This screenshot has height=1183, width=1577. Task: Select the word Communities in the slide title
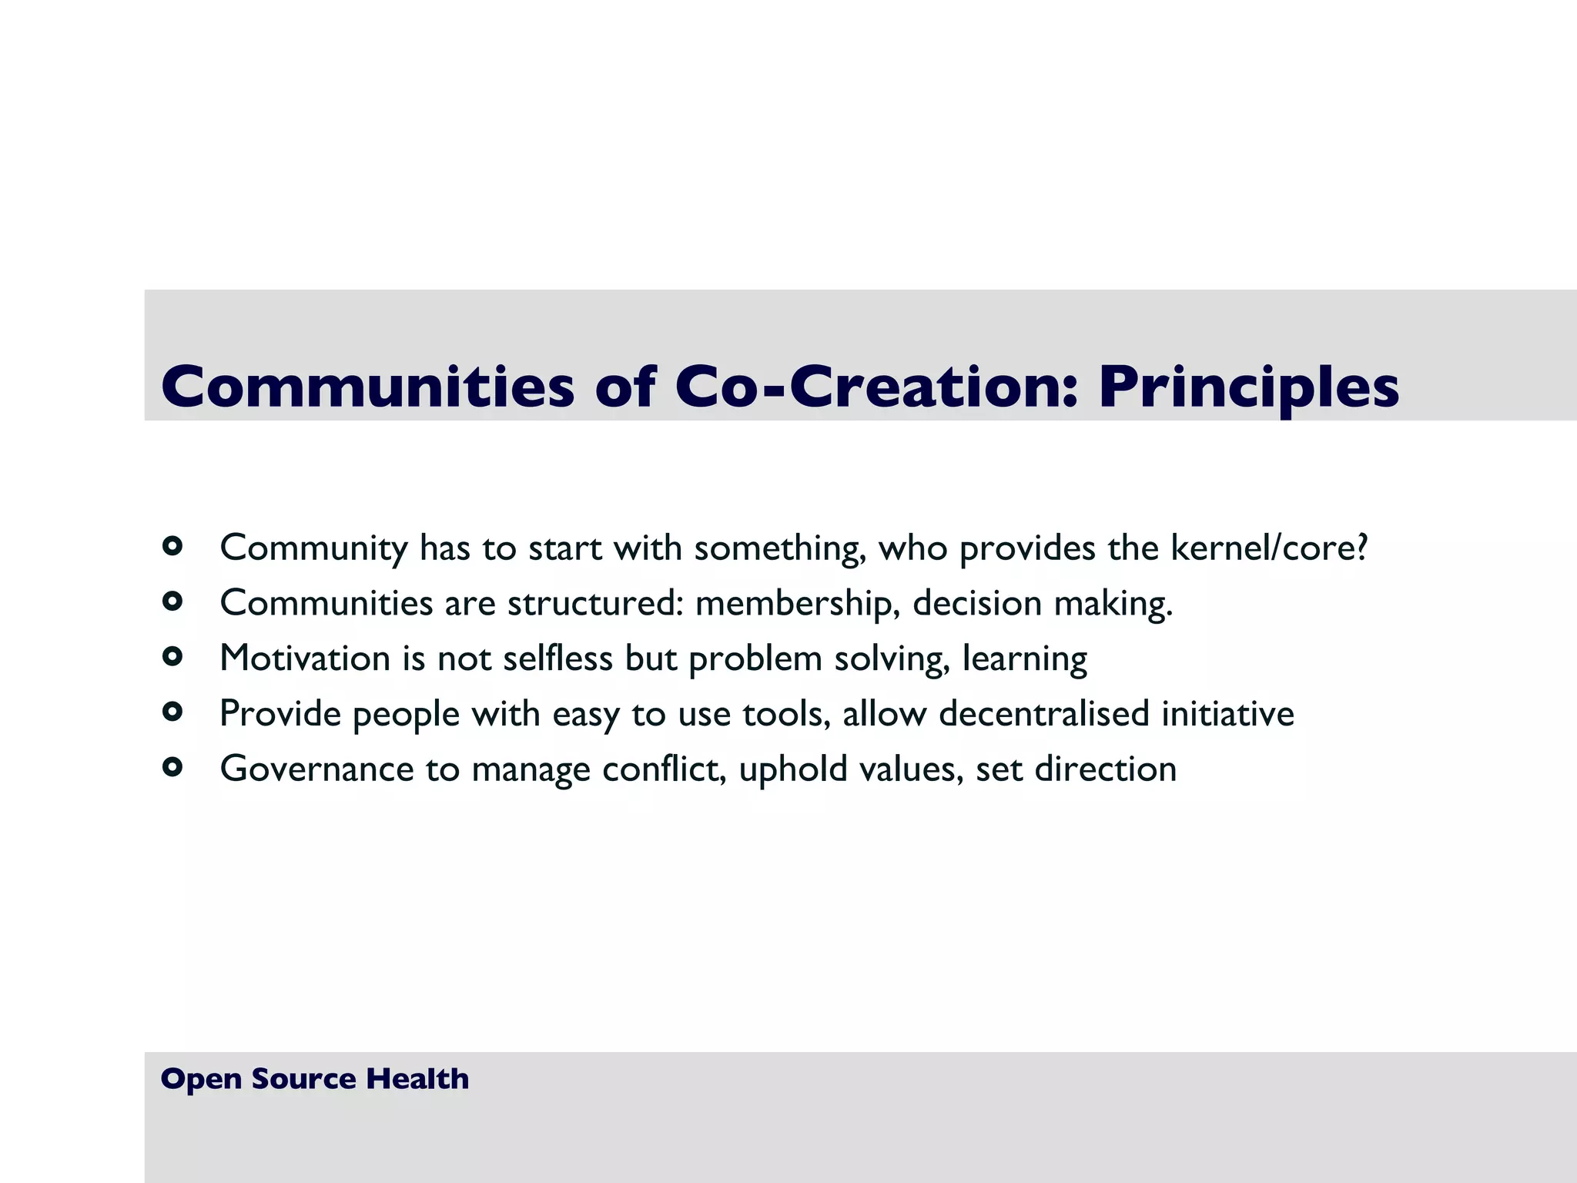point(367,386)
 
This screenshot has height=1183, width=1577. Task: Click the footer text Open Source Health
point(314,1079)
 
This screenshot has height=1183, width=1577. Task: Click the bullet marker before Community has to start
point(172,547)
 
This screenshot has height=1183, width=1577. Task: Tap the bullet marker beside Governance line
point(172,767)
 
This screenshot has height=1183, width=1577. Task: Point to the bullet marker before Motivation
point(172,657)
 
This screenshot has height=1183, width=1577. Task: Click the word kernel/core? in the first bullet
point(1269,548)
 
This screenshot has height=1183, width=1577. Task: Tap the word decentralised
point(1044,714)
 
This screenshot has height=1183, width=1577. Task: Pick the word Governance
point(316,769)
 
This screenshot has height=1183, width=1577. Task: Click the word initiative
point(1227,714)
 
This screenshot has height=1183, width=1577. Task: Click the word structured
point(595,603)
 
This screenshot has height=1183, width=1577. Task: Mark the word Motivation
point(305,659)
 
